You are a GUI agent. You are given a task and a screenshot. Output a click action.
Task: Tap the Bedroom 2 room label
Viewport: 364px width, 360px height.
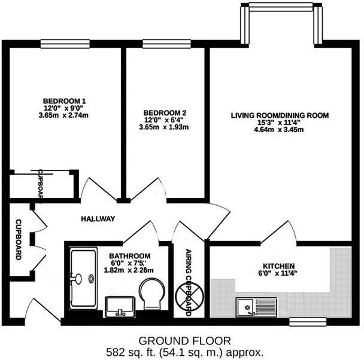(x=163, y=112)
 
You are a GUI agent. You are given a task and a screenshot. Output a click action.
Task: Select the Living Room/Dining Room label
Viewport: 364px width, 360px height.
(x=280, y=115)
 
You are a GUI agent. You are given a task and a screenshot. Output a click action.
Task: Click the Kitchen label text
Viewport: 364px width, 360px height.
(x=279, y=266)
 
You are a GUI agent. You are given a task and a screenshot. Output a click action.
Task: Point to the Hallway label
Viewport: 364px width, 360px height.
(x=98, y=219)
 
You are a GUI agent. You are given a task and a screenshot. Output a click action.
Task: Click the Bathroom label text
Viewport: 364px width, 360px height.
(x=130, y=255)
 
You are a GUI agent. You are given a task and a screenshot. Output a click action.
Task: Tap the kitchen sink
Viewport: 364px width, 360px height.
(x=245, y=307)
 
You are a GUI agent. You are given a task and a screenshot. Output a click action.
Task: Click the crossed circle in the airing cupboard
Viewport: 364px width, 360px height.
(x=187, y=295)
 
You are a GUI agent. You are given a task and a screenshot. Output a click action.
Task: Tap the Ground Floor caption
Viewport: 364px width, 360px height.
(x=183, y=341)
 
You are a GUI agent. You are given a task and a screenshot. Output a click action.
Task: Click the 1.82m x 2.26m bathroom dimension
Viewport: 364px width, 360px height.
(x=129, y=270)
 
